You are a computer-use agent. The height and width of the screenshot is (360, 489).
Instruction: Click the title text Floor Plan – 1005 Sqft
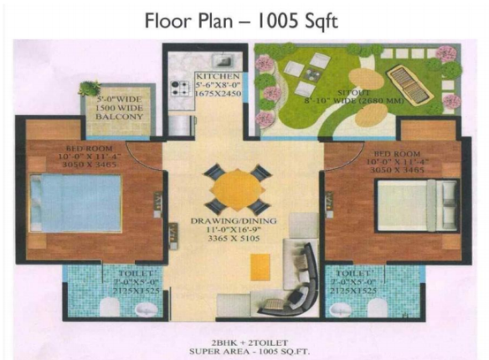(241, 21)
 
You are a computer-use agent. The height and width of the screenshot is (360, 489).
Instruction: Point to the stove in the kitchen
(178, 86)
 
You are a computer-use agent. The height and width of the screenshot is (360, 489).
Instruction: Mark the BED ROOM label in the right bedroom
(394, 153)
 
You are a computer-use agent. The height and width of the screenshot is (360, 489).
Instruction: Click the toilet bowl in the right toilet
(378, 309)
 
